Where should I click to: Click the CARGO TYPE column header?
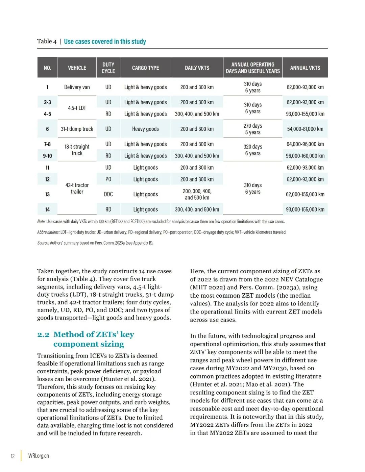click(145, 68)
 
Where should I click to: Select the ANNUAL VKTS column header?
click(305, 68)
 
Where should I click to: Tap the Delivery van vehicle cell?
click(77, 87)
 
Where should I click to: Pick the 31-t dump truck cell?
click(77, 129)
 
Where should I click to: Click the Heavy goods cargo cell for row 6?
click(145, 129)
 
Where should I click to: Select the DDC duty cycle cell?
click(108, 194)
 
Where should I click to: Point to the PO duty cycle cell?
click(108, 179)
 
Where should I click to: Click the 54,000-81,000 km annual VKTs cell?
click(305, 129)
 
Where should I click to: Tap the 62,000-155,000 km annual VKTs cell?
click(305, 194)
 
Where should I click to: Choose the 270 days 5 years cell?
click(252, 129)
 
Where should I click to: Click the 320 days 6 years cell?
click(252, 150)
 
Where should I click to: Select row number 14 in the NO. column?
click(47, 209)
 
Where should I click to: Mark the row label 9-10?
click(47, 156)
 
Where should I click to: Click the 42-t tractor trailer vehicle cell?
click(77, 189)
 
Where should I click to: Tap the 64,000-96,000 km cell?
click(305, 144)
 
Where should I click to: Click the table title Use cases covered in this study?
click(105, 42)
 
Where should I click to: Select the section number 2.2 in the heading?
click(43, 334)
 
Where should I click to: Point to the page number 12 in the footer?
click(13, 456)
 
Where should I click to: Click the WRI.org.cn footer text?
click(39, 456)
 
